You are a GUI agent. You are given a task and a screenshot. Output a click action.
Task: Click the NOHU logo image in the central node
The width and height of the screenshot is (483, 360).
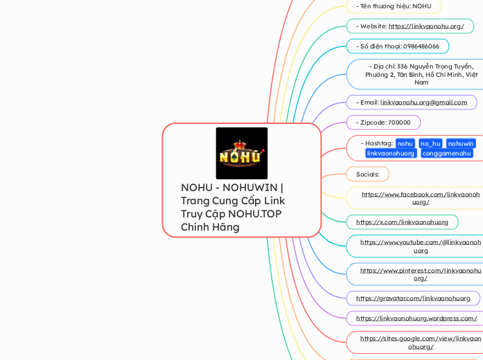pyautogui.click(x=241, y=153)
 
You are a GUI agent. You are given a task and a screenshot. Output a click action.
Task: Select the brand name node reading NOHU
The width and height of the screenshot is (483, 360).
pyautogui.click(x=393, y=6)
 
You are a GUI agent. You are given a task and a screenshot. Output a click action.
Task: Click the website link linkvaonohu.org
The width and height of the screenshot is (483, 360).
pyautogui.click(x=425, y=26)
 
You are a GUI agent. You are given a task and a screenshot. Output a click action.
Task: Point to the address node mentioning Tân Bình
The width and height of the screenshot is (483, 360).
pyautogui.click(x=421, y=74)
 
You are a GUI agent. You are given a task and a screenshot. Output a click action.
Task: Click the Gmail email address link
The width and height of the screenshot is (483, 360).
pyautogui.click(x=423, y=102)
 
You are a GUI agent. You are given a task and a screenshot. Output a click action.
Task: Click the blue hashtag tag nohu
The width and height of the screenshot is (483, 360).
pyautogui.click(x=405, y=143)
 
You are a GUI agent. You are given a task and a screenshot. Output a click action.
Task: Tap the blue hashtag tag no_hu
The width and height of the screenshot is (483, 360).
pyautogui.click(x=430, y=143)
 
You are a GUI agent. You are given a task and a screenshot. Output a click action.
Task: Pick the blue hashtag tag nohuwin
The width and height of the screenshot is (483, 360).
pyautogui.click(x=461, y=143)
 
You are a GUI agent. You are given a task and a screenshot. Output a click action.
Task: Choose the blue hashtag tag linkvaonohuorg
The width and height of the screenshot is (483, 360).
pyautogui.click(x=391, y=153)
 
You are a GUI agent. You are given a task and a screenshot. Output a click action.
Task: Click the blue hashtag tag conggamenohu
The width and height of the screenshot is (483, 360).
pyautogui.click(x=448, y=153)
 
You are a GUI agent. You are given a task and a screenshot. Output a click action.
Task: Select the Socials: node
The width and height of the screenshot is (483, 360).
pyautogui.click(x=367, y=174)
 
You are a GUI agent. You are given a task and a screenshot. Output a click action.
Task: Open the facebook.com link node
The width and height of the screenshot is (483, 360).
pyautogui.click(x=420, y=198)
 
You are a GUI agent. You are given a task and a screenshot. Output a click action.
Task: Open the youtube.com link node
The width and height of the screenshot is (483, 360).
pyautogui.click(x=420, y=246)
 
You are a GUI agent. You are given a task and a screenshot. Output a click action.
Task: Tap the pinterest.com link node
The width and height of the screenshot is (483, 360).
pyautogui.click(x=420, y=274)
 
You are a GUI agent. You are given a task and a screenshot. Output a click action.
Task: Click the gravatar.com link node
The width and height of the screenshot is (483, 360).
pyautogui.click(x=413, y=298)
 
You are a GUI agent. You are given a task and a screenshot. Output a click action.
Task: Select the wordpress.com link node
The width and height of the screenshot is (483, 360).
pyautogui.click(x=416, y=318)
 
